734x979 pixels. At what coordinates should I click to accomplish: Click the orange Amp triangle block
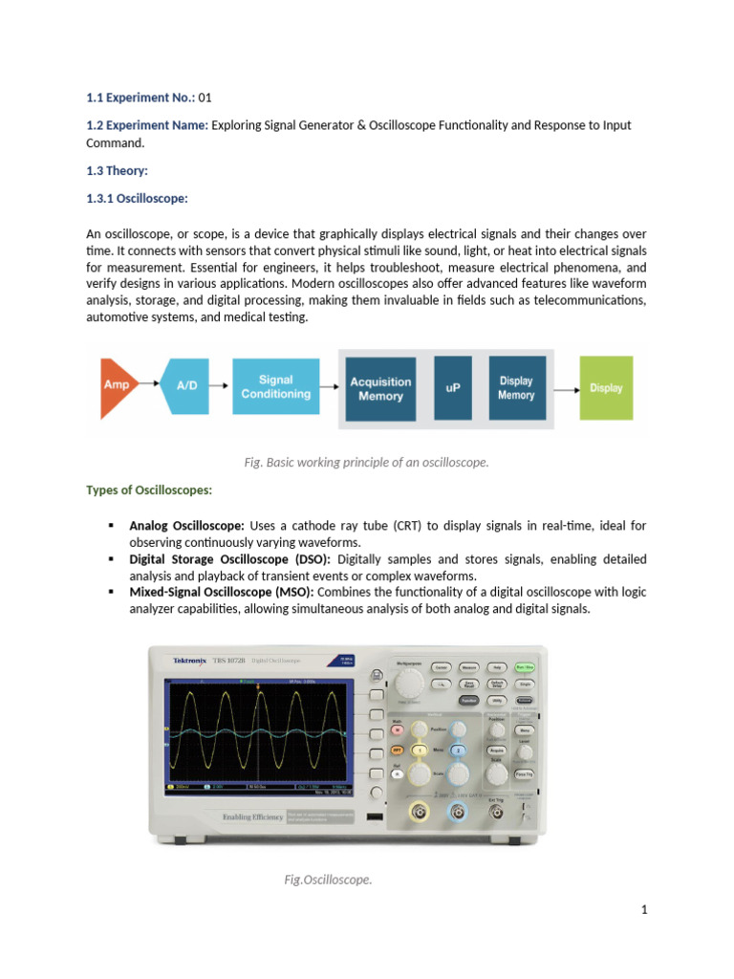coord(113,388)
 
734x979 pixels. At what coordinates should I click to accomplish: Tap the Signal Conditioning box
coord(275,387)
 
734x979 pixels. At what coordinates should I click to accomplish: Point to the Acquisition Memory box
coord(380,388)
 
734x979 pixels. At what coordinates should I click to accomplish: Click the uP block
coord(453,388)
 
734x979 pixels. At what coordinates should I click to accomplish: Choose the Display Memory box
coord(516,388)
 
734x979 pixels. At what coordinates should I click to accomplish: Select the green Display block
coord(606,388)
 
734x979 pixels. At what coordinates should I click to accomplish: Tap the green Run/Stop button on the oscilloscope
coord(525,666)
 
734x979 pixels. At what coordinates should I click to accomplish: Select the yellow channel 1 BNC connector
coord(419,814)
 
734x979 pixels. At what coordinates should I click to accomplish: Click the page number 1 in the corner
coord(645,910)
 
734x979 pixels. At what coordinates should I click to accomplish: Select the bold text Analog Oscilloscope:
coord(187,526)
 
